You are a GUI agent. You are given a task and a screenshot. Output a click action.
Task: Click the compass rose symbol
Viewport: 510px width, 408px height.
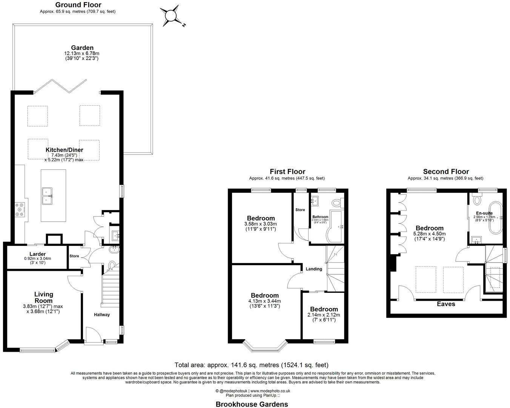(x=171, y=15)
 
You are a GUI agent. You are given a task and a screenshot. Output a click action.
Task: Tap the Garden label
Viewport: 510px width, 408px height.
(x=82, y=48)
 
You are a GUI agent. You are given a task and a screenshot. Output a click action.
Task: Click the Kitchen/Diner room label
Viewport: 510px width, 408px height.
(x=67, y=150)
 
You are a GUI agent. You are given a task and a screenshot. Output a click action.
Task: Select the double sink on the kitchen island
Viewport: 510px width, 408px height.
(x=48, y=195)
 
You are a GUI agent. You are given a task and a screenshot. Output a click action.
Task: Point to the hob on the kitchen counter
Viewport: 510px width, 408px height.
(x=19, y=210)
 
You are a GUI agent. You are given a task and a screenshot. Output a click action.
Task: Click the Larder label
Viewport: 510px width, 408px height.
(x=37, y=254)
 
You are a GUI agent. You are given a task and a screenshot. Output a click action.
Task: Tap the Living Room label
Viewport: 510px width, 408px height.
(x=44, y=297)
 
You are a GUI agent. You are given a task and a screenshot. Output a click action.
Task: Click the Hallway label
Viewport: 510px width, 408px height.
(x=102, y=315)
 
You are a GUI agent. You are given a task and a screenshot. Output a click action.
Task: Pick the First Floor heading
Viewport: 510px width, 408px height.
(x=287, y=172)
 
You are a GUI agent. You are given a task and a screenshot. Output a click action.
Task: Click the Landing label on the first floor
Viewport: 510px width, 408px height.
(x=314, y=269)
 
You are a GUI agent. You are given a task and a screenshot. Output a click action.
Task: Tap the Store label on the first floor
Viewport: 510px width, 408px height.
(x=300, y=210)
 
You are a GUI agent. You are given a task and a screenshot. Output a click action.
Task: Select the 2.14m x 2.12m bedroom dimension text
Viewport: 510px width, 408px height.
(x=324, y=315)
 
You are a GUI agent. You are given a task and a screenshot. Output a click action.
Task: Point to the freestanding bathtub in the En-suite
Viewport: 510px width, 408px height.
(x=494, y=218)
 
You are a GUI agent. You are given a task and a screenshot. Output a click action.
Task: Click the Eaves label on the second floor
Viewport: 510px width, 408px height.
(x=446, y=304)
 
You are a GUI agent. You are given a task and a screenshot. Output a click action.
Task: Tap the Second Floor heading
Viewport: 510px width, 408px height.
(x=446, y=172)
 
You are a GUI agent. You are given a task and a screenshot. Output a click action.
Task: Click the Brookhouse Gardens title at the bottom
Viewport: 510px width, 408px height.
(x=252, y=404)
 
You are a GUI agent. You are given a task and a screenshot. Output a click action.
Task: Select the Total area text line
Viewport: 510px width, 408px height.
(x=252, y=365)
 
